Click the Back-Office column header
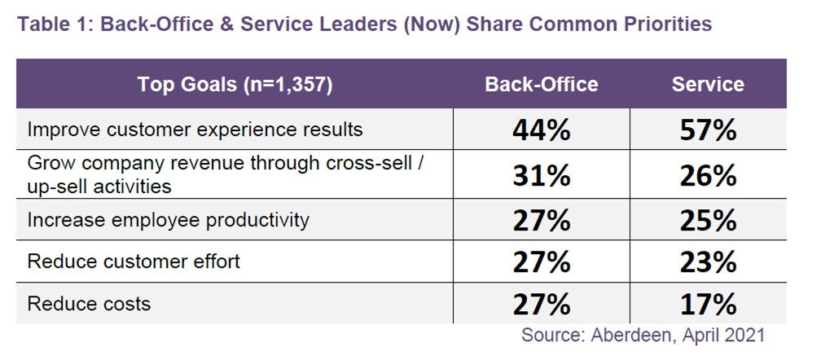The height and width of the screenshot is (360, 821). (x=541, y=84)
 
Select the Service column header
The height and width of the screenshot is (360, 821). (x=707, y=84)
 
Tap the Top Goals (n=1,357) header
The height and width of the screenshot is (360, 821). (x=236, y=84)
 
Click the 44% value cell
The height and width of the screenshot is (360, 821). (x=541, y=130)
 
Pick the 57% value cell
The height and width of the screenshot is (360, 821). (x=708, y=130)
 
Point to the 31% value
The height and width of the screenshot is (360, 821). (x=541, y=175)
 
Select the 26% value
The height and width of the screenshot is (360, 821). (x=708, y=175)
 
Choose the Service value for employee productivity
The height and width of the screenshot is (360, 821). (x=708, y=220)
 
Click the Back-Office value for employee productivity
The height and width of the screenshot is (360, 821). (x=541, y=220)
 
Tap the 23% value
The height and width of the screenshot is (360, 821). (x=708, y=262)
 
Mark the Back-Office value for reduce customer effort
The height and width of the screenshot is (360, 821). (x=541, y=262)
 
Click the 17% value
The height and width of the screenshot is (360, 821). (x=708, y=305)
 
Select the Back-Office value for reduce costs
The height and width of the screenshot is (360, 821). (x=541, y=305)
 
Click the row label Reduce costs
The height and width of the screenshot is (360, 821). (x=89, y=304)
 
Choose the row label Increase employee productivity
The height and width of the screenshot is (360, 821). (x=169, y=220)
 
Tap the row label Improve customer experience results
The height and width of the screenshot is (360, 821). (x=195, y=130)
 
